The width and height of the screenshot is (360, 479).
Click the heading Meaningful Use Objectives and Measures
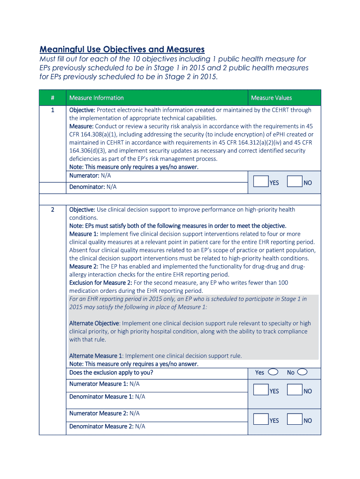click(x=122, y=49)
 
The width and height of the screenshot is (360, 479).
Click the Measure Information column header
click(x=96, y=98)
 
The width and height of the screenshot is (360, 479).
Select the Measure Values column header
click(x=271, y=98)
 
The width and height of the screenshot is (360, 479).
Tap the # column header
click(x=52, y=98)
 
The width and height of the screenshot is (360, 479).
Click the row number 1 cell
click(x=52, y=110)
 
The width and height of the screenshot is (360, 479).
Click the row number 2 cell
click(x=52, y=210)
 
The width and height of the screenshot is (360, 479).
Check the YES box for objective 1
click(x=260, y=181)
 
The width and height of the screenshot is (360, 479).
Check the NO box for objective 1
click(x=295, y=181)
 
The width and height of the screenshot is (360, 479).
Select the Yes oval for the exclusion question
click(x=274, y=372)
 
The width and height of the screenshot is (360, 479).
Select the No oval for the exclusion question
click(x=302, y=372)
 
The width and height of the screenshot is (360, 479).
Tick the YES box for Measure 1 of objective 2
click(x=260, y=390)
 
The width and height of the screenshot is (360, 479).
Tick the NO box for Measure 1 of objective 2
click(x=295, y=390)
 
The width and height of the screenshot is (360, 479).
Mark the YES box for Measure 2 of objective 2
click(x=260, y=420)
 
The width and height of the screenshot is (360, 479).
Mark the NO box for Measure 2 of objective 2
click(x=295, y=420)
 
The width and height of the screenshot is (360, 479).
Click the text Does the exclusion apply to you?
click(x=111, y=373)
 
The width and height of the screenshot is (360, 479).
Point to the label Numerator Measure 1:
click(x=98, y=384)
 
